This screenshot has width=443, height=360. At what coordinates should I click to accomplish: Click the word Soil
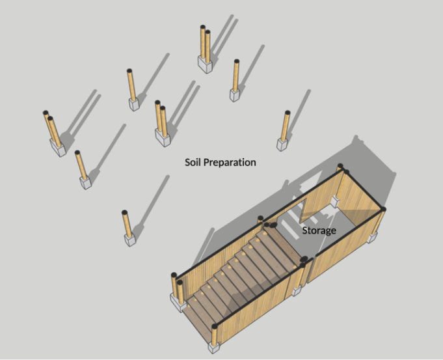[193, 162]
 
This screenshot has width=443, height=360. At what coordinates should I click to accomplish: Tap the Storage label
[319, 230]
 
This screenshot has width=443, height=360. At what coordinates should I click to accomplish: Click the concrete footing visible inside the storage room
[335, 202]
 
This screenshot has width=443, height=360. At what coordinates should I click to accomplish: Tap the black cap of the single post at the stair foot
[215, 326]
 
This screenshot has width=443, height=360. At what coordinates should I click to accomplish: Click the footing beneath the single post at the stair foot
[214, 348]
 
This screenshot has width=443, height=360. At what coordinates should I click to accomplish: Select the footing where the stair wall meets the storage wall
[297, 291]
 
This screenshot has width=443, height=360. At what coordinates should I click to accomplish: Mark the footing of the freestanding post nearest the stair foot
[130, 240]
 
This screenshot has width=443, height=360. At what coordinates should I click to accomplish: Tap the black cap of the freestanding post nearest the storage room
[288, 113]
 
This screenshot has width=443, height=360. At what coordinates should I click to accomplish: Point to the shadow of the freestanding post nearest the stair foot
[152, 203]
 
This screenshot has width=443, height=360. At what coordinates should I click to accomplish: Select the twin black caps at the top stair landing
[271, 225]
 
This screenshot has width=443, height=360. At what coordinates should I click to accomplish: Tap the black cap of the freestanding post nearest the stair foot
[124, 212]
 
